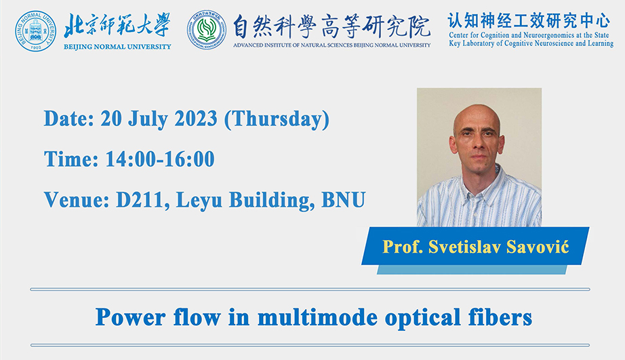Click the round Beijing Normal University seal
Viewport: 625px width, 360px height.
35,31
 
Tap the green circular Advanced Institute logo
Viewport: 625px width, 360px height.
207,31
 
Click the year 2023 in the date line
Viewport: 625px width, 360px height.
196,119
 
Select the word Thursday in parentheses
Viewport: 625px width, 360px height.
277,119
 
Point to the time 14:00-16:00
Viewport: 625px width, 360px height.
160,159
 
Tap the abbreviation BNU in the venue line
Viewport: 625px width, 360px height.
343,200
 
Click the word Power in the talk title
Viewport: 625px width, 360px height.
130,318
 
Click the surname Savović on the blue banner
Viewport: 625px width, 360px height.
538,247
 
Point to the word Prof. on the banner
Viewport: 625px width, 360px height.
403,247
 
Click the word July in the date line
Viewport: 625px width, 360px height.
148,119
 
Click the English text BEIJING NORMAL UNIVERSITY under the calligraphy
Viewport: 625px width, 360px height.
117,47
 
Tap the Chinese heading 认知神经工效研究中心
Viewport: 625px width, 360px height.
529,20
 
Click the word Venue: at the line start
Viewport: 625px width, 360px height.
77,200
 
